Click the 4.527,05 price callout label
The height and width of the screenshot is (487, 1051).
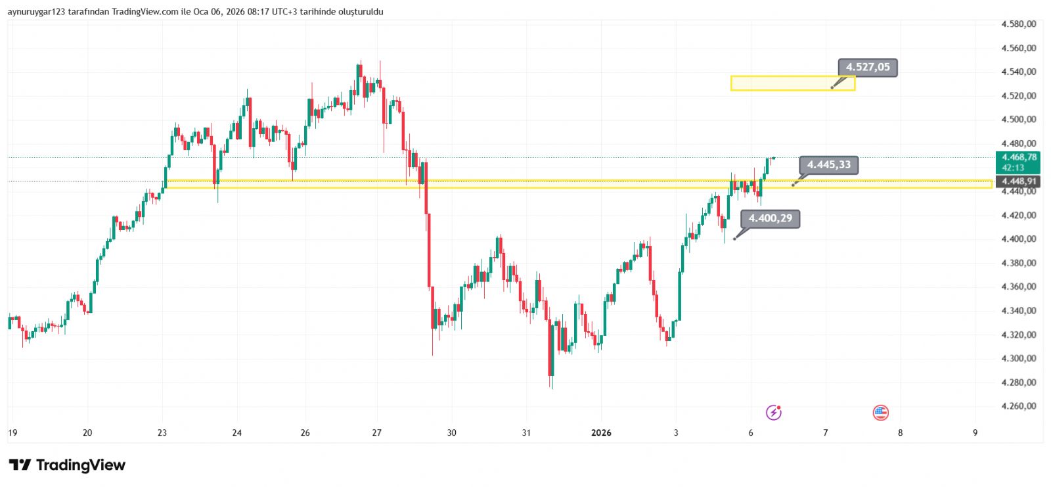click(867, 68)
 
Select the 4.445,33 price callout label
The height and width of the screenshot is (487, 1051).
click(828, 165)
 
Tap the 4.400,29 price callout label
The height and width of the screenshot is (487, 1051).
click(770, 218)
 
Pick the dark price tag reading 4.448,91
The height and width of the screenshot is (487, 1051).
click(1018, 181)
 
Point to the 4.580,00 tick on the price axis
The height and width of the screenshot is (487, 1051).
click(1018, 24)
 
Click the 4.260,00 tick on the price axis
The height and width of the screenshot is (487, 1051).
click(1018, 406)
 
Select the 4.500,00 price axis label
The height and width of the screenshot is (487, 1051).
click(1018, 120)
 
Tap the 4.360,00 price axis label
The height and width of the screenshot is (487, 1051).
click(1018, 287)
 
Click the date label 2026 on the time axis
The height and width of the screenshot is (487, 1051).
click(601, 432)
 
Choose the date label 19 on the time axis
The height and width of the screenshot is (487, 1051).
click(12, 432)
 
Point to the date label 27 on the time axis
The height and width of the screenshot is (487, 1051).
click(376, 432)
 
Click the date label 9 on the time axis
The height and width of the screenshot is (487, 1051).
click(975, 432)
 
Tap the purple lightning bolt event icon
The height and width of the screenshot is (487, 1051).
click(774, 413)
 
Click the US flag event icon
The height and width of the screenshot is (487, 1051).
click(880, 413)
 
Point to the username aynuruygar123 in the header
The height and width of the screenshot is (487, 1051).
click(36, 12)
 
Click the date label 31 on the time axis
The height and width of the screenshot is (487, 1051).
click(526, 432)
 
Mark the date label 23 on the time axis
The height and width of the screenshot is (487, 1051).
click(162, 432)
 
